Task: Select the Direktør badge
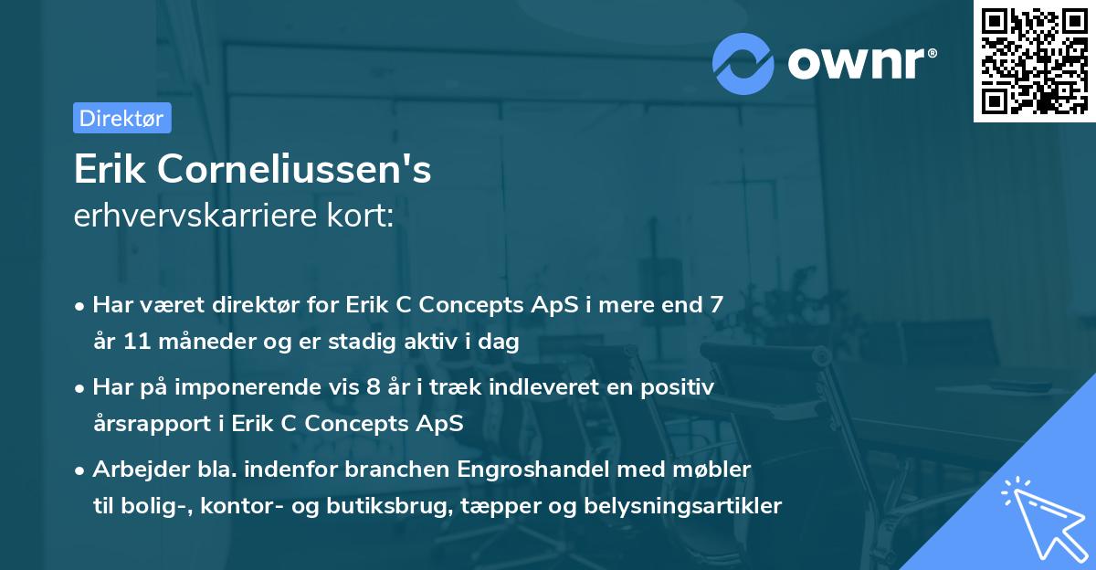121,118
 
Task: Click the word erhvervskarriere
187,216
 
